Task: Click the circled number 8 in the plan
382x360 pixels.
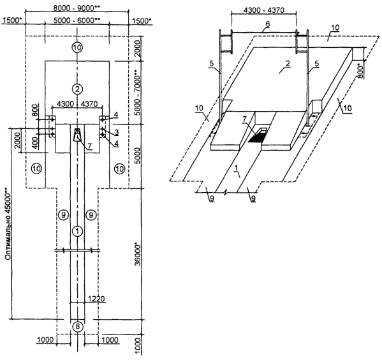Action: [77, 326]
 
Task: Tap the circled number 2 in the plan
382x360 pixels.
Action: [77, 89]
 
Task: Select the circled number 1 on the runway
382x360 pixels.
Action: [77, 230]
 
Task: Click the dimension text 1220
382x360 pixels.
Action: [96, 299]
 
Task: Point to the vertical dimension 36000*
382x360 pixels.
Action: [138, 253]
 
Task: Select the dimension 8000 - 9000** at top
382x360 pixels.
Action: [77, 8]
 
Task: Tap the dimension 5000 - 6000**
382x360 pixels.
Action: [77, 20]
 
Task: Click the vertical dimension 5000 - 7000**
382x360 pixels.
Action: [138, 93]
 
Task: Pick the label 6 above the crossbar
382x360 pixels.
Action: [268, 24]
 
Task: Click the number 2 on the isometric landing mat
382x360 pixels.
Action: [288, 64]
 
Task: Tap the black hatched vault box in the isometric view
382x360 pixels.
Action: [258, 138]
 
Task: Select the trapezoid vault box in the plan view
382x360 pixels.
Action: [77, 135]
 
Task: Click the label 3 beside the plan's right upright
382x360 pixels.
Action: [117, 132]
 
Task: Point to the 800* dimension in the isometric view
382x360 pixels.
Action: [360, 71]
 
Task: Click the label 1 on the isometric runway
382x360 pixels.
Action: [236, 168]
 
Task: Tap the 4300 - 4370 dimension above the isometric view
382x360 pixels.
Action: [263, 10]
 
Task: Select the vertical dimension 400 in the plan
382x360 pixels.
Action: [35, 143]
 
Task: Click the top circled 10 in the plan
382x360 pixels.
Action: [77, 47]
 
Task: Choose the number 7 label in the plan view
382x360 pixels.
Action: [89, 146]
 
